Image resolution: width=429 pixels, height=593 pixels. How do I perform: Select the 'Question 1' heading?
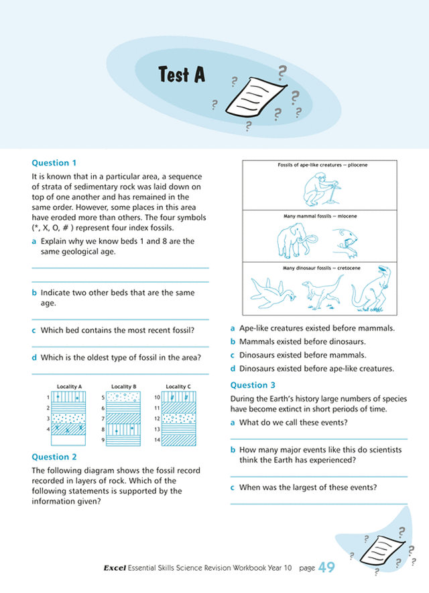[55, 163]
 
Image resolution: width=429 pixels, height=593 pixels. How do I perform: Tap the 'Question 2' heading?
[55, 457]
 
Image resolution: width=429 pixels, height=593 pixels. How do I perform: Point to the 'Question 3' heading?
[253, 385]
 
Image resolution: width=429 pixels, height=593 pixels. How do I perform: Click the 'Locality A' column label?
[69, 387]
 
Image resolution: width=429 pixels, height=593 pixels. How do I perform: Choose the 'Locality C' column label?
[178, 387]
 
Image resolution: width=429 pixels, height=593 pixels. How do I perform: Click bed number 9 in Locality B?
[103, 439]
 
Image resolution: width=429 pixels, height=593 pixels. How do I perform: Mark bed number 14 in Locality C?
[156, 439]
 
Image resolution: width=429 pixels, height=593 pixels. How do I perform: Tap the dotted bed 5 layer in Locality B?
[123, 397]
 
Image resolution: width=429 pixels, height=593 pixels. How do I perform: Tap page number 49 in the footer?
[326, 569]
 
